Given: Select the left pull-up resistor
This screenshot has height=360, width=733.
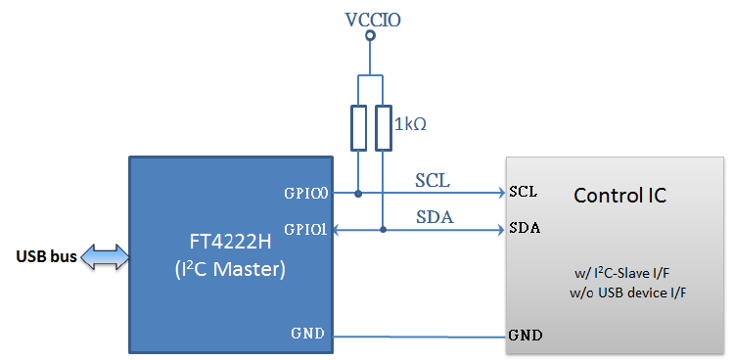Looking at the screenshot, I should click(x=358, y=127).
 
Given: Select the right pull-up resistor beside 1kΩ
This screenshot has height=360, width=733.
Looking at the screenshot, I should click(x=383, y=127).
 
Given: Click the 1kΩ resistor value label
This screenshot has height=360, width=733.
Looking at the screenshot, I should click(x=412, y=125).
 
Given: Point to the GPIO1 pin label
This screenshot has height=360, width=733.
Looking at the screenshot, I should click(x=305, y=230).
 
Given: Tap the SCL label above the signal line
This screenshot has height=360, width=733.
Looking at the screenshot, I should click(x=435, y=181).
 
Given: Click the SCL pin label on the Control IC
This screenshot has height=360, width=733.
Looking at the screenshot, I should click(x=524, y=193).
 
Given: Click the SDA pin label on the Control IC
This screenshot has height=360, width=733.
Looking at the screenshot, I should click(x=526, y=229).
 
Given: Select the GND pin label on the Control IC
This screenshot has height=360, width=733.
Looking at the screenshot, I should click(x=526, y=336).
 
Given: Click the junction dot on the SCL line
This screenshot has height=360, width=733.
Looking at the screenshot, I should click(x=358, y=194).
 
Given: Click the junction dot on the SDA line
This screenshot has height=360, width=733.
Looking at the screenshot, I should click(x=383, y=230).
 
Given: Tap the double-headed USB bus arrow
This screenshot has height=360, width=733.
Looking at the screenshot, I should click(x=105, y=257).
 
